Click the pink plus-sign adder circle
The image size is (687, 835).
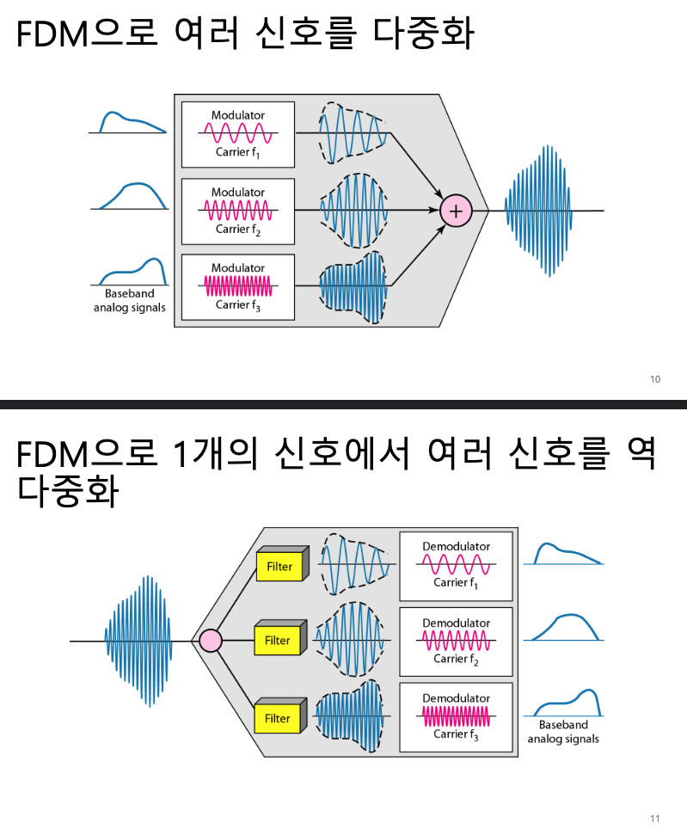coord(456,210)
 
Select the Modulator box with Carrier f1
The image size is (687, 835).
coord(238,134)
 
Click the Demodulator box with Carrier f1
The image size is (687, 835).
coord(456,566)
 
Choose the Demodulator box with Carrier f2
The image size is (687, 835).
coord(456,642)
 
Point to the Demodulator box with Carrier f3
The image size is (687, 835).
coord(456,717)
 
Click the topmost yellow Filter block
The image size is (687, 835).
coord(278,567)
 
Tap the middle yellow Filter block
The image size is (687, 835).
coord(278,641)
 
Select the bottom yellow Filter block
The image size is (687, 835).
coord(278,718)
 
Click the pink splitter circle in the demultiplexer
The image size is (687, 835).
coord(211,641)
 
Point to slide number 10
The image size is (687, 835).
coord(655,379)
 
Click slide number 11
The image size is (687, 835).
coord(655,818)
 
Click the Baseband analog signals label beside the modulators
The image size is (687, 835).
coord(129,301)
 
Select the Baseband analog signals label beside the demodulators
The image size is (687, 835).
coord(563,732)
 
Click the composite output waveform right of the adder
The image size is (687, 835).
coord(538,210)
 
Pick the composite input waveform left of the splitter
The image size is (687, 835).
coord(138,642)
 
